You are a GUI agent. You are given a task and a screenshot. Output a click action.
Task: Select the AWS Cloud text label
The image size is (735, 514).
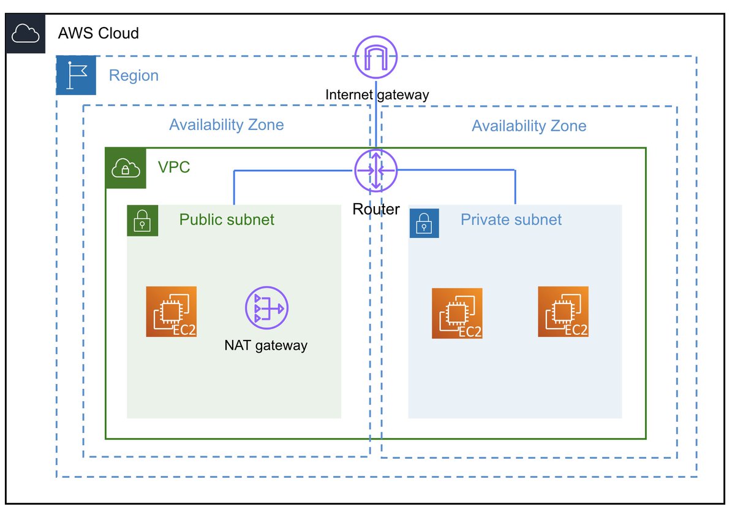[98, 33]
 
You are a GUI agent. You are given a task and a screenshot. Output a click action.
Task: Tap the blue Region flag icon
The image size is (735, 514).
[76, 75]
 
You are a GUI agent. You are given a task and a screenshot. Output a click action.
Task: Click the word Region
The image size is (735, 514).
[134, 75]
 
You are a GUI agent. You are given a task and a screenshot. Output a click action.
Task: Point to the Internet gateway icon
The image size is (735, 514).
[376, 59]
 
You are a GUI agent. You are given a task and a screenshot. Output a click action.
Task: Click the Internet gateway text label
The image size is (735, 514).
[377, 94]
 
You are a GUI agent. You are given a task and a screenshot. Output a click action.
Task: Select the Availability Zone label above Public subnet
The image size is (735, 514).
[227, 125]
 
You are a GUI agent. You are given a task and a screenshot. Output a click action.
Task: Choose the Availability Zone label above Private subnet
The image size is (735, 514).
[529, 126]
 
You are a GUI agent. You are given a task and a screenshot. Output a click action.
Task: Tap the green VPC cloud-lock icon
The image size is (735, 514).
[126, 168]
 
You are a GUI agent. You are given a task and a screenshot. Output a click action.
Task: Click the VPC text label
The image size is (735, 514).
[174, 167]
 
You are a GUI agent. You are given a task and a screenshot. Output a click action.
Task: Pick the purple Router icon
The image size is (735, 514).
[376, 170]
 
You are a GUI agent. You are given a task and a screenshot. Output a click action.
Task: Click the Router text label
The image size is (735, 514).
[376, 209]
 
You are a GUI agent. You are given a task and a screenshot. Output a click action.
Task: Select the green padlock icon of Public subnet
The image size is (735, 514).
[143, 220]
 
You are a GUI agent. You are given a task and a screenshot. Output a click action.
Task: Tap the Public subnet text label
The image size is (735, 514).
[227, 220]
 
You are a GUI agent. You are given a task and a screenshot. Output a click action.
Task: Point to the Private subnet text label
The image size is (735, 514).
[511, 220]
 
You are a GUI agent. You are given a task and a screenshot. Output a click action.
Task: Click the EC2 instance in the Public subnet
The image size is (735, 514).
[171, 312]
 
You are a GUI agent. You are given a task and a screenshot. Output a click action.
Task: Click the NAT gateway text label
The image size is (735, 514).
[266, 345]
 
